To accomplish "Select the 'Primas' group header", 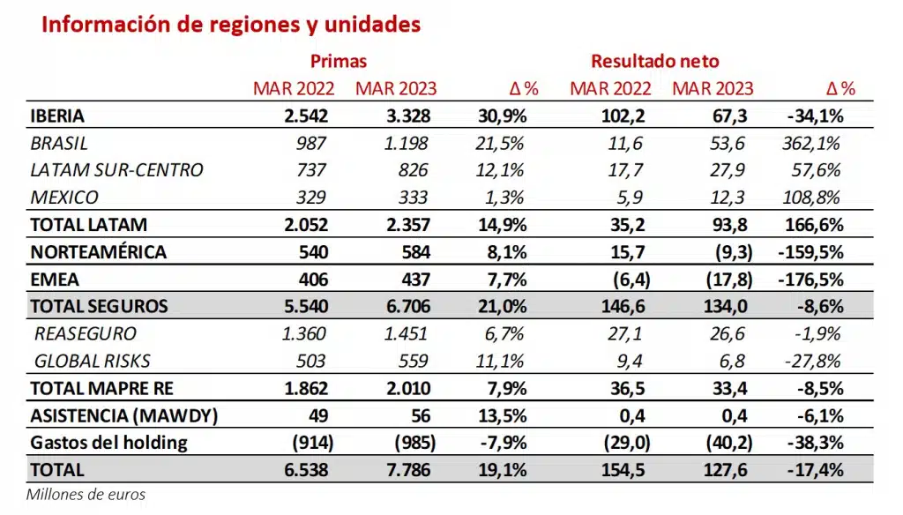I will click(339, 62).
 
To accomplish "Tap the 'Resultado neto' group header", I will click(655, 62).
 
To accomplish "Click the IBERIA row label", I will click(57, 116).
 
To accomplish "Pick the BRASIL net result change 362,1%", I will click(810, 143).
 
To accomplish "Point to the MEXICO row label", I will click(64, 198).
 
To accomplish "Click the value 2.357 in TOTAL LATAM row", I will click(407, 225).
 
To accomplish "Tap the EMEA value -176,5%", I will click(812, 279).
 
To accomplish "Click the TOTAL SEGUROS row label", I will click(99, 306).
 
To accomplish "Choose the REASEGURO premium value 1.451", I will click(407, 333).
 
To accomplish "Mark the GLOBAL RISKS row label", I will click(93, 361).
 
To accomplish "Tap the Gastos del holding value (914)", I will click(304, 443).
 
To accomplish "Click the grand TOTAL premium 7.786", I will click(407, 470).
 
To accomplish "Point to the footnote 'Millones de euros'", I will click(86, 495).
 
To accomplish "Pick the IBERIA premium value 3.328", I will click(407, 116).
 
